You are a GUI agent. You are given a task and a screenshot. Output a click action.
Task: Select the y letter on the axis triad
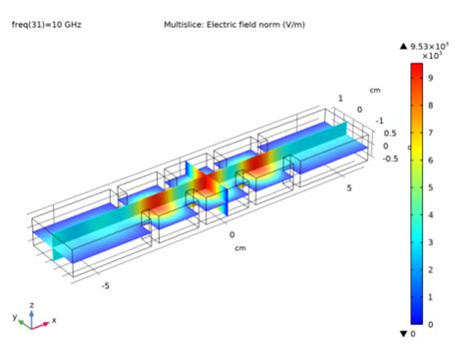[16, 316]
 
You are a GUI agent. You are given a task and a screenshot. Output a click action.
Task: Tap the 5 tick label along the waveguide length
[348, 186]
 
